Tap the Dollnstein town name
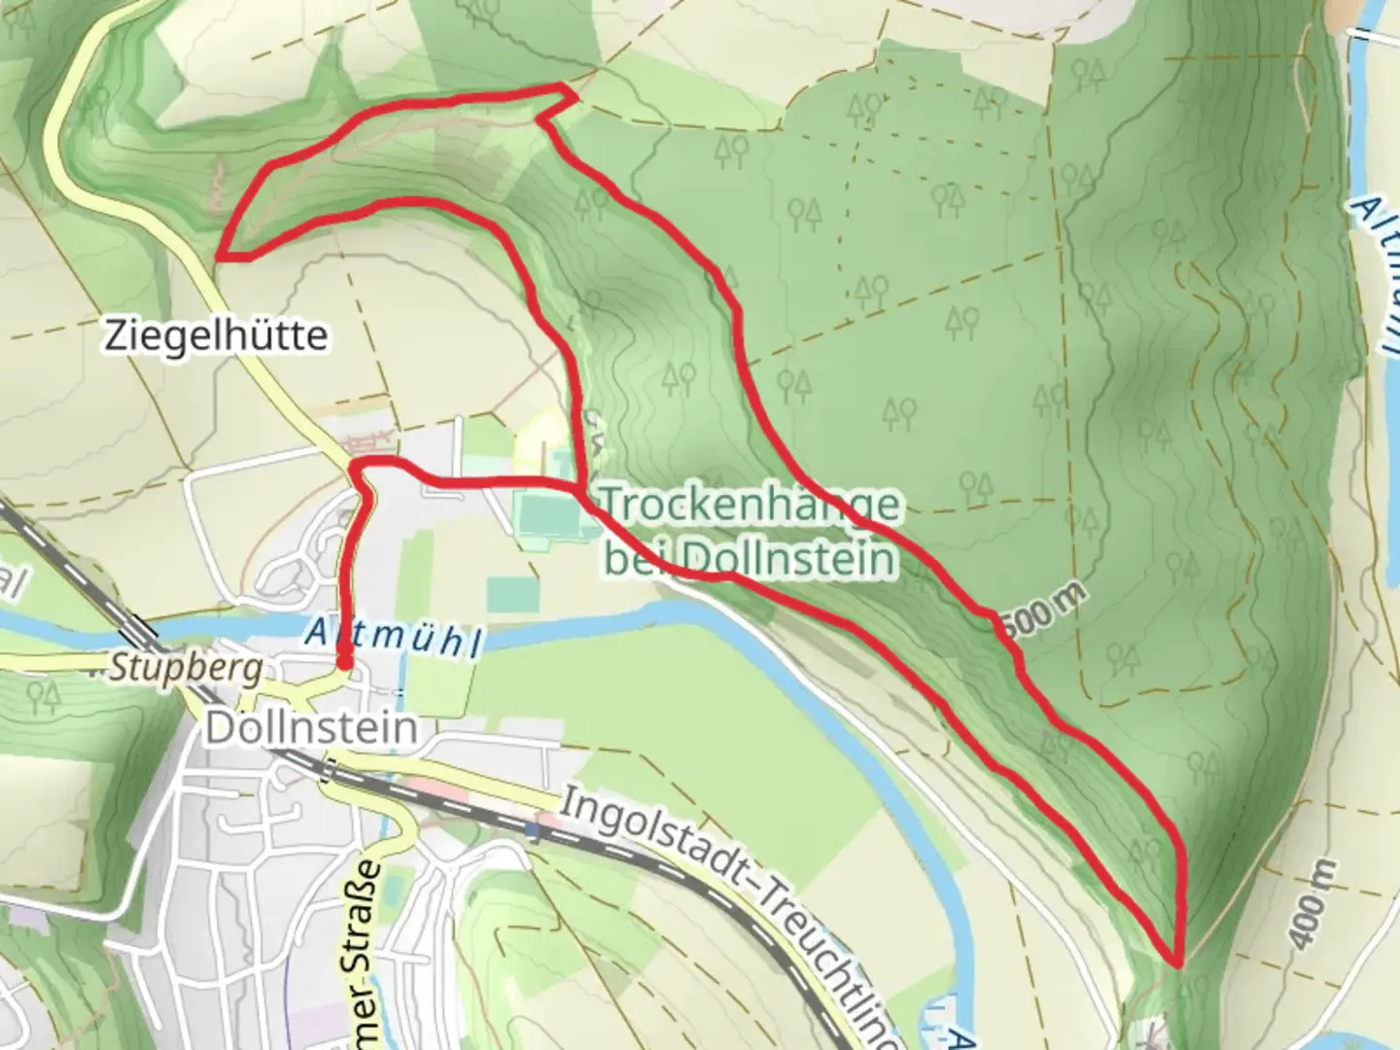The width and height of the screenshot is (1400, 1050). [x=312, y=728]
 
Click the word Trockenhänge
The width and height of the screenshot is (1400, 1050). [x=749, y=505]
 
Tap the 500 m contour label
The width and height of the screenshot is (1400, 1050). [x=1040, y=618]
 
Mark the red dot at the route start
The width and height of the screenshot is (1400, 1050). [x=344, y=663]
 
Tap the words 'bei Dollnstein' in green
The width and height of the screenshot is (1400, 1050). [x=749, y=558]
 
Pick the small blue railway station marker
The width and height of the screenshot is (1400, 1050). [x=531, y=831]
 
